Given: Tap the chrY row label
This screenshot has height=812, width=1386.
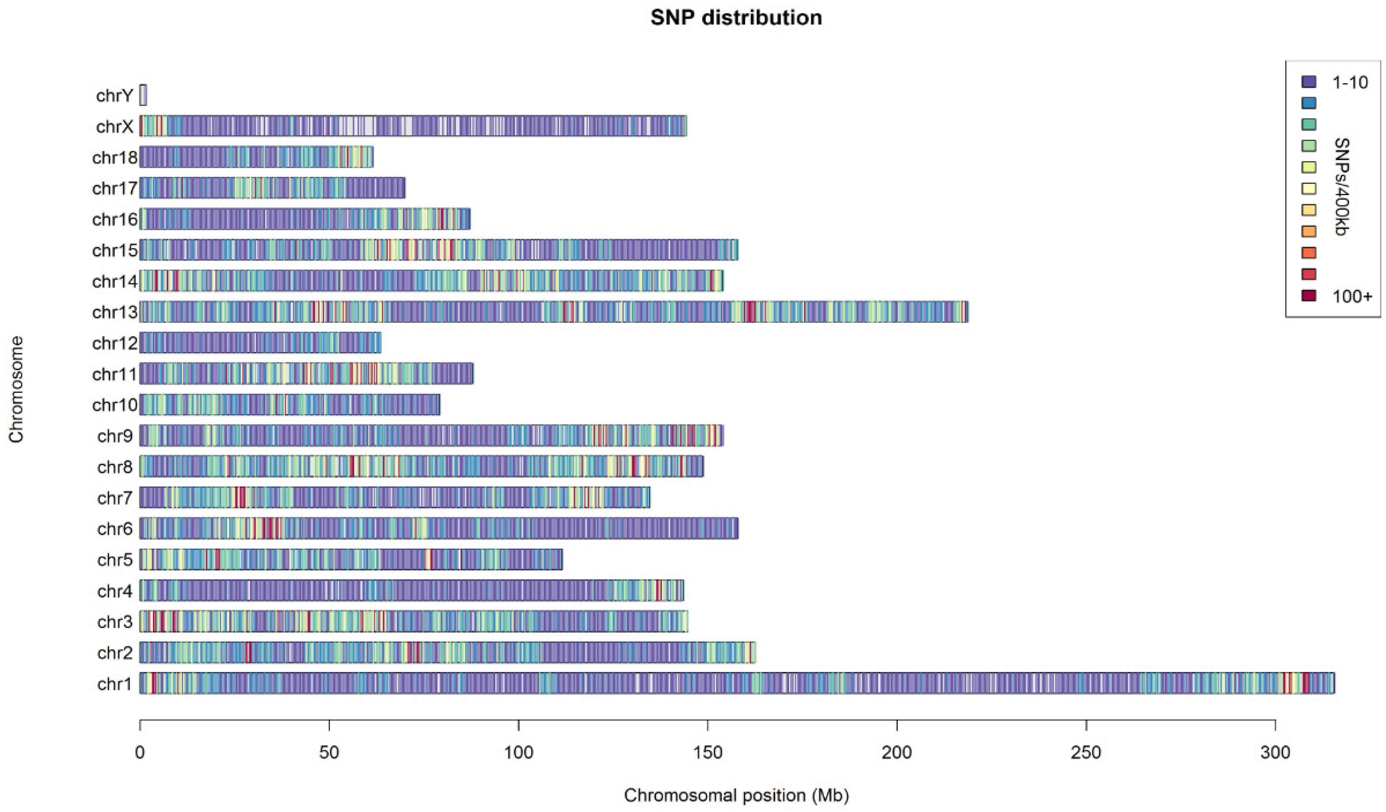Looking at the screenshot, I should point(114,96).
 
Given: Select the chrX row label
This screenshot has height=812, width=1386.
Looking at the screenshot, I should point(114,126).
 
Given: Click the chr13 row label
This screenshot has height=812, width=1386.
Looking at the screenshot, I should point(114,312).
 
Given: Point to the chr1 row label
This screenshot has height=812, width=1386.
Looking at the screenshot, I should point(114,684).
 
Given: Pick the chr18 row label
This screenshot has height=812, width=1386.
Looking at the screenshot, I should point(114,158).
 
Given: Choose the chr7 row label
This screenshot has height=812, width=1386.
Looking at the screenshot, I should point(114,498).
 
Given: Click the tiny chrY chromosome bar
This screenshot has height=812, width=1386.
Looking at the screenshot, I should point(143,95).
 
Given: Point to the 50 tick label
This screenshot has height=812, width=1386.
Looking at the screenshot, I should point(329,752).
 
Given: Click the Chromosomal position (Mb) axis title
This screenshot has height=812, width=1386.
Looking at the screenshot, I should point(736,795).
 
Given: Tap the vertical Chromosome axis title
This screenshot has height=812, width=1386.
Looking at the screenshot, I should point(17,389).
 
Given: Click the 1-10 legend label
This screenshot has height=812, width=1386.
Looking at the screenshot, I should point(1350,83).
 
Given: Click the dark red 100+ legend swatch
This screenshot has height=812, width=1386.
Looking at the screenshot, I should point(1309,296).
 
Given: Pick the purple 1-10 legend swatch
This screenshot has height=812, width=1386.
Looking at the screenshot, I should point(1309,82).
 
